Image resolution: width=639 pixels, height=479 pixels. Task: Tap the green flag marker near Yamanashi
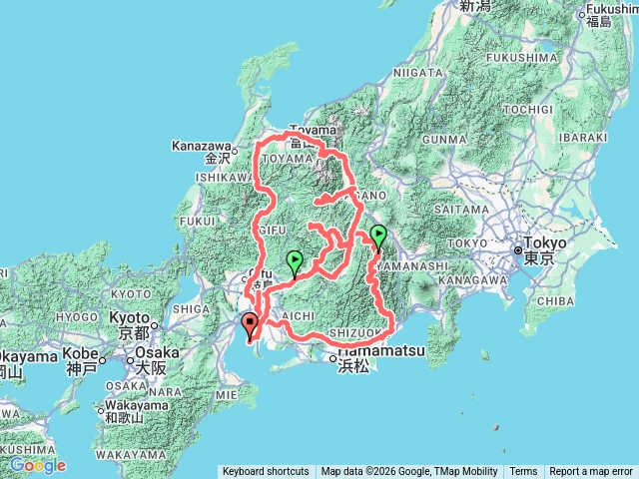tap(378, 236)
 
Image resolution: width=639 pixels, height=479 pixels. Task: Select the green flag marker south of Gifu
tap(295, 261)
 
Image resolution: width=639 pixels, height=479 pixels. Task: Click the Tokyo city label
tap(546, 242)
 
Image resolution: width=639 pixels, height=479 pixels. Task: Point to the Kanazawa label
tap(203, 146)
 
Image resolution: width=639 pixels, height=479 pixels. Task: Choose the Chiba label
tap(552, 298)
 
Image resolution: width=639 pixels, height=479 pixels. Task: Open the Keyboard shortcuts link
tap(266, 471)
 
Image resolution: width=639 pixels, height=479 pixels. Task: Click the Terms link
tap(523, 471)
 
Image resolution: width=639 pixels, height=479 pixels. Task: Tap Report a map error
tap(591, 471)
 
